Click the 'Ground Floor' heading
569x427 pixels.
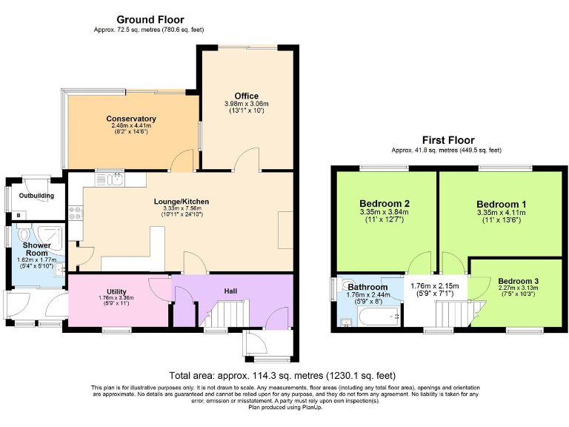(150, 19)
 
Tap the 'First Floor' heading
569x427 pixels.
(448, 139)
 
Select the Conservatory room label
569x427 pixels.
(130, 119)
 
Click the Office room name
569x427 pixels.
(246, 96)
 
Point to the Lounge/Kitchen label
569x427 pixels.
(181, 201)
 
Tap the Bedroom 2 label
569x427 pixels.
(385, 204)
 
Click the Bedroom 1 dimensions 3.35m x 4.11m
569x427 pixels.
(501, 212)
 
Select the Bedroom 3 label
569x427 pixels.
(519, 281)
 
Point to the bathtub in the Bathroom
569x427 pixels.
(379, 319)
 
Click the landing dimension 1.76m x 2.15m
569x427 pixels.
(435, 285)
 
